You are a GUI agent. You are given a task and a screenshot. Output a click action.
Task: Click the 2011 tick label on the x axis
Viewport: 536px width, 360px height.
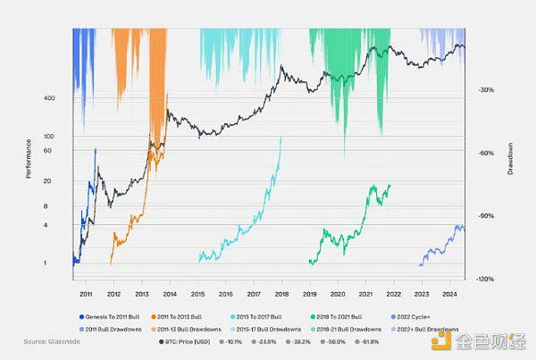tap(87, 292)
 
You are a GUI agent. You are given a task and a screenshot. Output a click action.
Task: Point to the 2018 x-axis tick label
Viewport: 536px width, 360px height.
tap(281, 292)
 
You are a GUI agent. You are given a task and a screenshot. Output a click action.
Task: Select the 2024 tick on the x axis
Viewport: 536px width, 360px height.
tap(449, 292)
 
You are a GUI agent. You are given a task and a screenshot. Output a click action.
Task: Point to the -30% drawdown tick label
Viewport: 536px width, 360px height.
tap(487, 90)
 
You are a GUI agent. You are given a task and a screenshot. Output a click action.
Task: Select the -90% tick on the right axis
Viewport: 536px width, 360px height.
tap(487, 216)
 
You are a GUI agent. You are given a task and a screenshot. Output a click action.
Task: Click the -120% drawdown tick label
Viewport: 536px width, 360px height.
tap(487, 279)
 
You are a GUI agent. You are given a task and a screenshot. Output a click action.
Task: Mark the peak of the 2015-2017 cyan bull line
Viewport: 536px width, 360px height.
tap(281, 138)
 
